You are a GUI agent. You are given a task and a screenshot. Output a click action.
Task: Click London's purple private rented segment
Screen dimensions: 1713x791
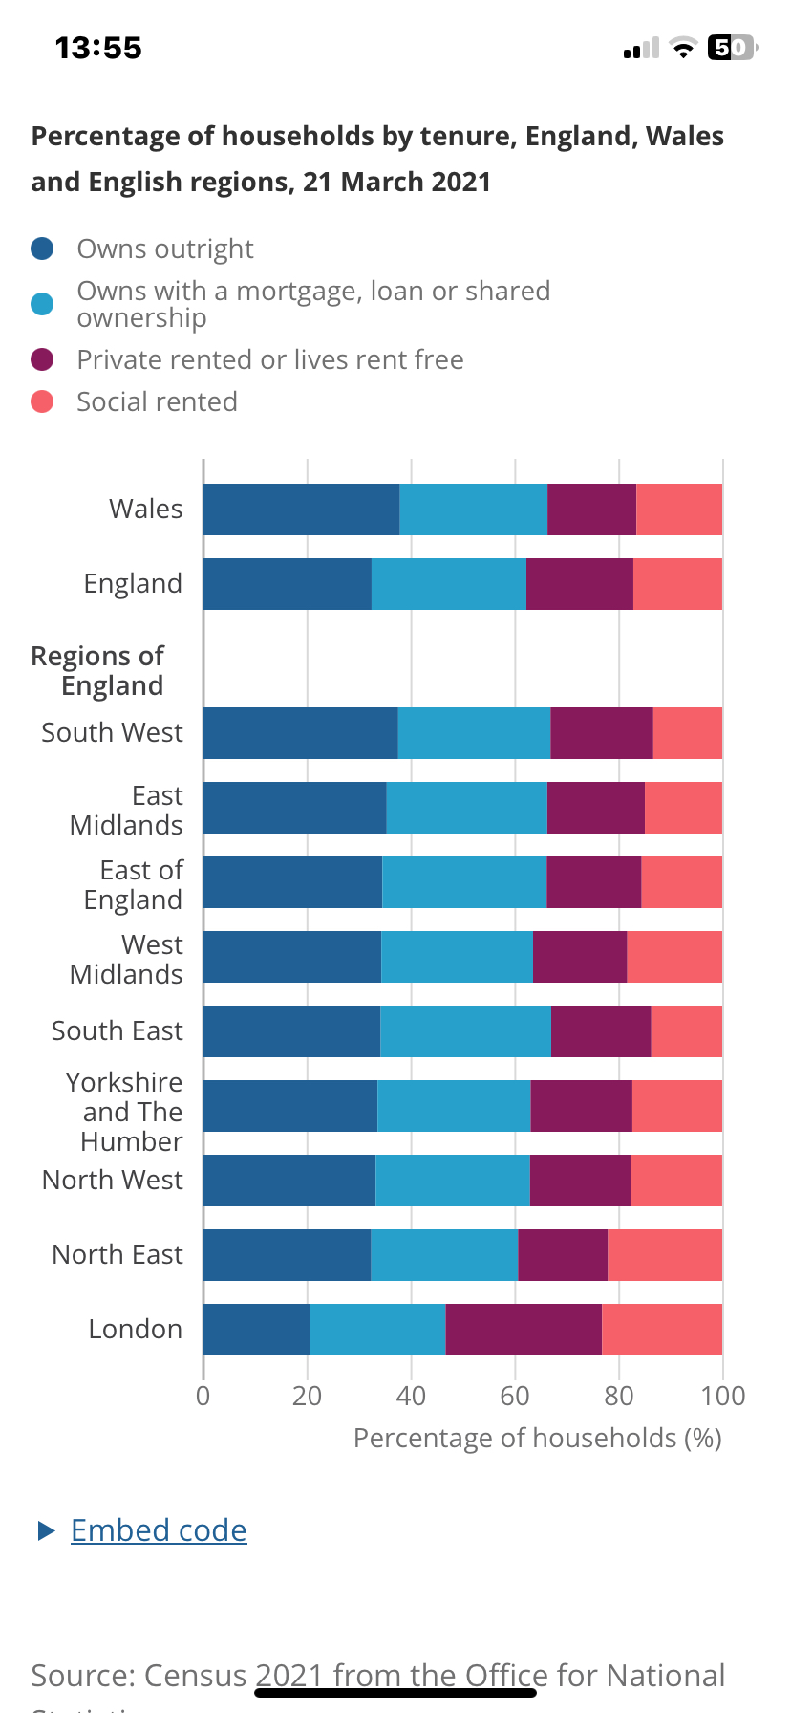click(x=524, y=1330)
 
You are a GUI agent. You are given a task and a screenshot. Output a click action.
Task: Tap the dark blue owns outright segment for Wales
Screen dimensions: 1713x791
click(x=301, y=510)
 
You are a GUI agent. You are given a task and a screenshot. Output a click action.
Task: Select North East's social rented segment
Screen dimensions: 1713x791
click(x=665, y=1255)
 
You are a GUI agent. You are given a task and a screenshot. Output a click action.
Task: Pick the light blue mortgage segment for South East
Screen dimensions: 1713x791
click(x=465, y=1031)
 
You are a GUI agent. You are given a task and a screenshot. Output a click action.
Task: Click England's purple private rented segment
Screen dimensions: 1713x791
click(x=579, y=584)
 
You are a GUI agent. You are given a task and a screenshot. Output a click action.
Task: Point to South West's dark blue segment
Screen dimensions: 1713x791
click(x=300, y=733)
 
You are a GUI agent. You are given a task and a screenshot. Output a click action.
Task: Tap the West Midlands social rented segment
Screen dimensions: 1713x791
click(x=674, y=957)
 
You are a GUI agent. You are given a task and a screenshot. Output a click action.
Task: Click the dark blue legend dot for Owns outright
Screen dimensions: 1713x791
click(x=42, y=249)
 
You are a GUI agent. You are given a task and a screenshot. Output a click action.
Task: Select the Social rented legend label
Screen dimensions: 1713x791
click(x=157, y=401)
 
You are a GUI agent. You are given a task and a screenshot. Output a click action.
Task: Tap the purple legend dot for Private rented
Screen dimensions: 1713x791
click(x=42, y=359)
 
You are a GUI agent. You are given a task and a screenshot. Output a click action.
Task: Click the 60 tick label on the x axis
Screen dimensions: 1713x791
click(x=515, y=1397)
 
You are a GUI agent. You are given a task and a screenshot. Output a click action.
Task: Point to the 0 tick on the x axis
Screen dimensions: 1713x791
click(x=203, y=1397)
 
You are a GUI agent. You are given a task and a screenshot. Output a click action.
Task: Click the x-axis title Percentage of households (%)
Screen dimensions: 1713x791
click(x=537, y=1439)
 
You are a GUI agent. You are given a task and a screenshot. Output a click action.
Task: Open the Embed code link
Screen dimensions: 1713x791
click(x=159, y=1530)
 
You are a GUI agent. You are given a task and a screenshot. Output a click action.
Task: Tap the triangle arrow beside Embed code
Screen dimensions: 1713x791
click(x=46, y=1530)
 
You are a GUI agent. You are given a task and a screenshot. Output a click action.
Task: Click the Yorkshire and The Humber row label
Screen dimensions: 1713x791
click(x=125, y=1112)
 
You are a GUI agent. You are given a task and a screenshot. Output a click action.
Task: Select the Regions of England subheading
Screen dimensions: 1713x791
click(x=98, y=670)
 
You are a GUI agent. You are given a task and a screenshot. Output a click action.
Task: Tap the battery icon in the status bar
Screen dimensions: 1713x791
click(x=731, y=48)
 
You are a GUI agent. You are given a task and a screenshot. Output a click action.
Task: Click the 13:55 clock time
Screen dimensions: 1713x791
click(x=98, y=48)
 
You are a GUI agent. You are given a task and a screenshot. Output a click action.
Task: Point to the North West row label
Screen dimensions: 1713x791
click(x=113, y=1181)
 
